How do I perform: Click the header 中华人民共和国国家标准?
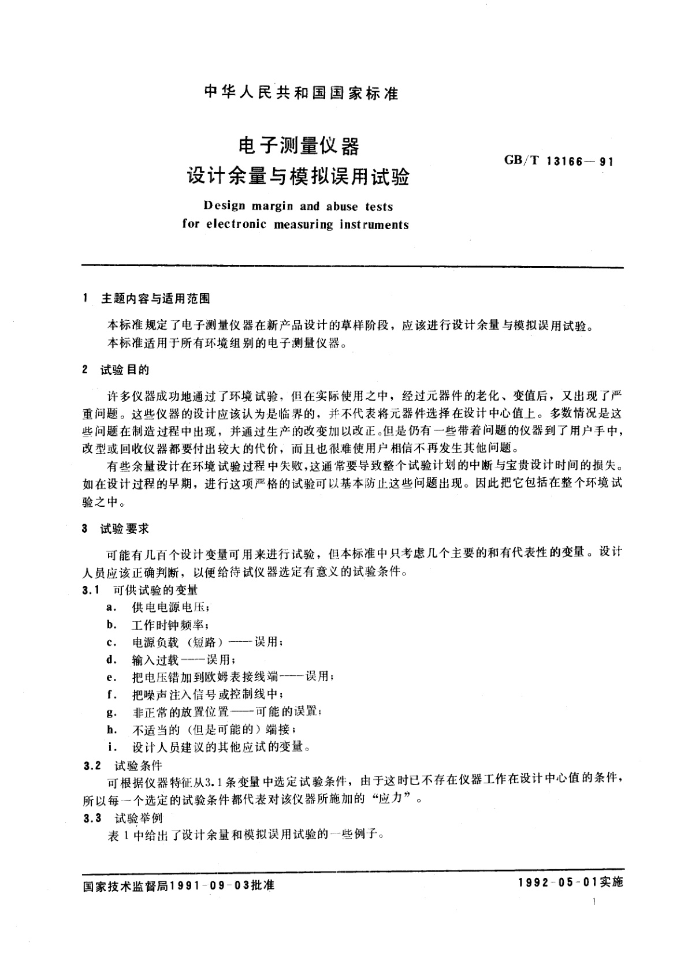[302, 92]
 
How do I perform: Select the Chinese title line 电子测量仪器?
[299, 146]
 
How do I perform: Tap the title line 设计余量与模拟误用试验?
[297, 175]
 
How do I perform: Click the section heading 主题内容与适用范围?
[155, 298]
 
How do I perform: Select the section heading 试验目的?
[125, 370]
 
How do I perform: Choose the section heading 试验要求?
[125, 528]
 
